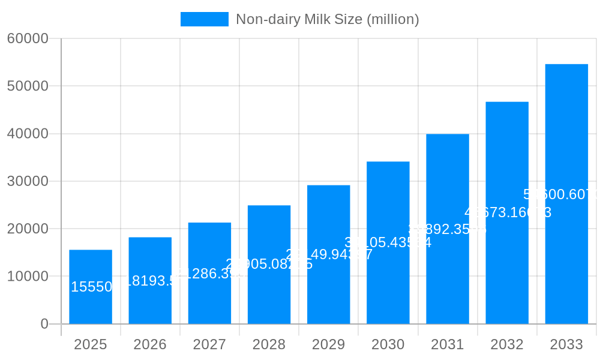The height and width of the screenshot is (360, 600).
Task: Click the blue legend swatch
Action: tap(205, 19)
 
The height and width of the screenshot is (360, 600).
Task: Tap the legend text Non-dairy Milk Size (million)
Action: tap(327, 19)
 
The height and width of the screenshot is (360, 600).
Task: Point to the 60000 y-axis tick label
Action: tap(28, 38)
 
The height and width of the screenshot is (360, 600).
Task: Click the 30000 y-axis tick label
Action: tap(28, 181)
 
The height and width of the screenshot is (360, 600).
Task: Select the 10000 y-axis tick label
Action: tap(28, 277)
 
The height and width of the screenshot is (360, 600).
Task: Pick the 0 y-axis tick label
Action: tap(44, 324)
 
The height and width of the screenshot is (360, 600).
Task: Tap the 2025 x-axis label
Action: tap(91, 344)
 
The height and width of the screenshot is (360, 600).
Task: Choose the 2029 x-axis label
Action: tap(328, 344)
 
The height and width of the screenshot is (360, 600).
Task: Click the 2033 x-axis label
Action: tap(566, 344)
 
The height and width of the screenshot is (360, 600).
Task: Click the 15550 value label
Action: tap(92, 287)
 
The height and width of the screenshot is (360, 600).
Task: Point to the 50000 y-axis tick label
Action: tap(28, 86)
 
